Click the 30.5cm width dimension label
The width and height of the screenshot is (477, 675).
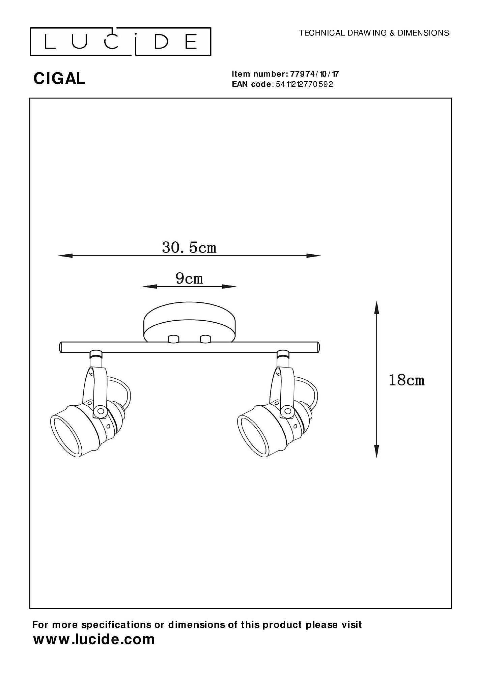[x=189, y=248]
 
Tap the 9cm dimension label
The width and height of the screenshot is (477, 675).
[x=189, y=278]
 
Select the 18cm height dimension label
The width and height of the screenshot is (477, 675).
[x=406, y=380]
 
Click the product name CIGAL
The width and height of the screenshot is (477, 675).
[x=59, y=79]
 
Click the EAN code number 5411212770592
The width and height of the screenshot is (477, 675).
[x=304, y=84]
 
